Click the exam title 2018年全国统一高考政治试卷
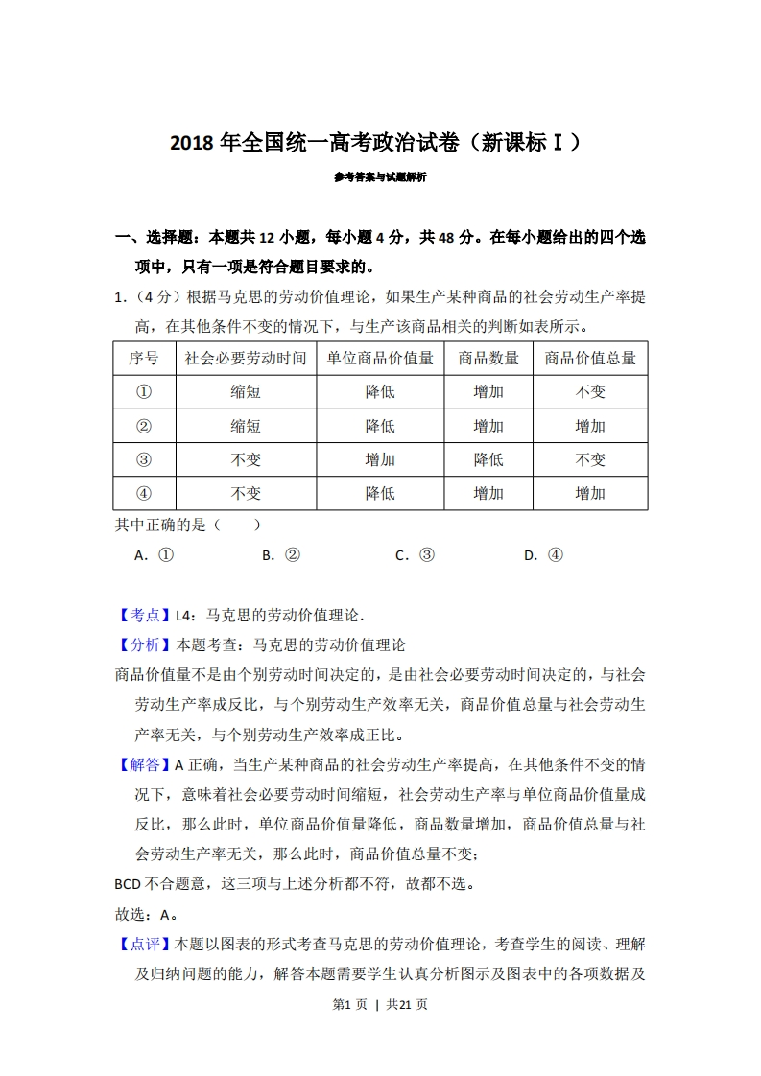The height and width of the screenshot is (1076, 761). click(x=375, y=144)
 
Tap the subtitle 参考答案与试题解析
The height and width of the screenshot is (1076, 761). click(x=380, y=177)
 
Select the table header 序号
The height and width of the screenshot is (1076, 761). click(x=144, y=358)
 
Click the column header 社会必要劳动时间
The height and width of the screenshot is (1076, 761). click(x=246, y=358)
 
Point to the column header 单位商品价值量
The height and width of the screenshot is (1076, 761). click(x=380, y=358)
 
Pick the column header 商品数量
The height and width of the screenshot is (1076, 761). click(x=488, y=358)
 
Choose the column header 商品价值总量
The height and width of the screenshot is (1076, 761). click(x=590, y=358)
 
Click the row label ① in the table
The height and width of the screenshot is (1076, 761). click(x=144, y=391)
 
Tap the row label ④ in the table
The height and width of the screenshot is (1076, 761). click(x=144, y=493)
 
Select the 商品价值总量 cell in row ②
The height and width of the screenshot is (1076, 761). click(x=590, y=426)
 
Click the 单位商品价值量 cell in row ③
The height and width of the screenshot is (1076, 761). click(x=380, y=459)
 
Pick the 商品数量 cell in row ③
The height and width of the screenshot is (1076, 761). click(x=488, y=459)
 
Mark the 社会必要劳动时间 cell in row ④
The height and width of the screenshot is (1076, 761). click(x=246, y=493)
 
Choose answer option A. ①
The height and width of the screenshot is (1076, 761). click(x=154, y=554)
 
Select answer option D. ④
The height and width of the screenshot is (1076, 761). click(x=543, y=554)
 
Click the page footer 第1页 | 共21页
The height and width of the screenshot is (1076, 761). click(x=380, y=1004)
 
